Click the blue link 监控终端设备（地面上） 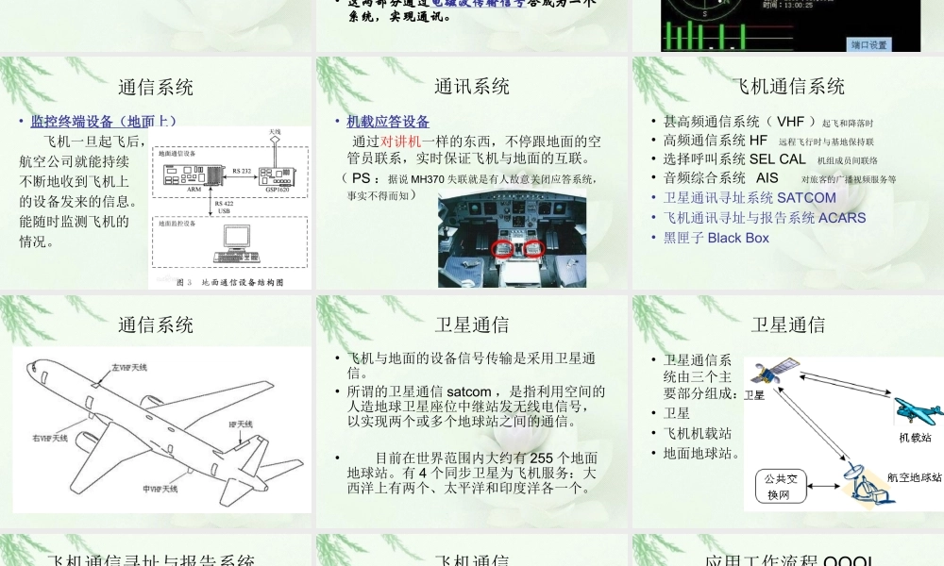click(x=104, y=121)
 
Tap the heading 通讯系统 click(x=472, y=87)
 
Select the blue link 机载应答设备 click(x=388, y=122)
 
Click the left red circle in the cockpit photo click(x=505, y=249)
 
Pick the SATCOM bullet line click(x=750, y=198)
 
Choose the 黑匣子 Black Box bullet click(x=716, y=238)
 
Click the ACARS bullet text click(x=764, y=218)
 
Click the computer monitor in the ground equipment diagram click(x=229, y=241)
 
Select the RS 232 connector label click(x=241, y=170)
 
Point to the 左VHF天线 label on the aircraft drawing click(x=129, y=366)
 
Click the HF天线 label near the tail click(x=241, y=424)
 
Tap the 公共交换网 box click(x=778, y=487)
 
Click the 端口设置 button click(x=869, y=44)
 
